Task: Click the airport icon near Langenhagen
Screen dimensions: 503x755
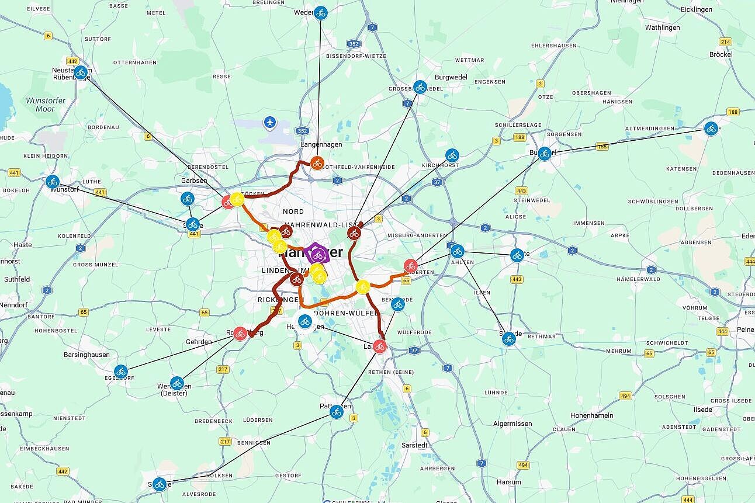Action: [269, 122]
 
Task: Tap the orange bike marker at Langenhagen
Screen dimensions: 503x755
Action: [317, 163]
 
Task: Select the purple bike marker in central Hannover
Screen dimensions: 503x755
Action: [318, 255]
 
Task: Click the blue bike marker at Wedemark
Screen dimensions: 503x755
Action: [320, 13]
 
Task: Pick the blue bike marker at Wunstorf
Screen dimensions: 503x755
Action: [53, 182]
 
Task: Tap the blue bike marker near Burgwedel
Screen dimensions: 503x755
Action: [420, 87]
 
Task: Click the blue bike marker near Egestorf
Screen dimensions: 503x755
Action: [121, 371]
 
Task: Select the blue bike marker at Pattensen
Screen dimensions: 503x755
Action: [336, 412]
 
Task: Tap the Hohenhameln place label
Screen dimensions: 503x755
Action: [592, 415]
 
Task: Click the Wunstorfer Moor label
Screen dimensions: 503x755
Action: [40, 105]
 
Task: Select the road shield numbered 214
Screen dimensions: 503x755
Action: [725, 42]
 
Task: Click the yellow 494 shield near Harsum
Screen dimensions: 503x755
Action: [523, 465]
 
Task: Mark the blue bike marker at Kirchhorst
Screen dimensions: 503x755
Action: [452, 155]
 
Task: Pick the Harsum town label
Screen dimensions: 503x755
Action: [508, 483]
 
